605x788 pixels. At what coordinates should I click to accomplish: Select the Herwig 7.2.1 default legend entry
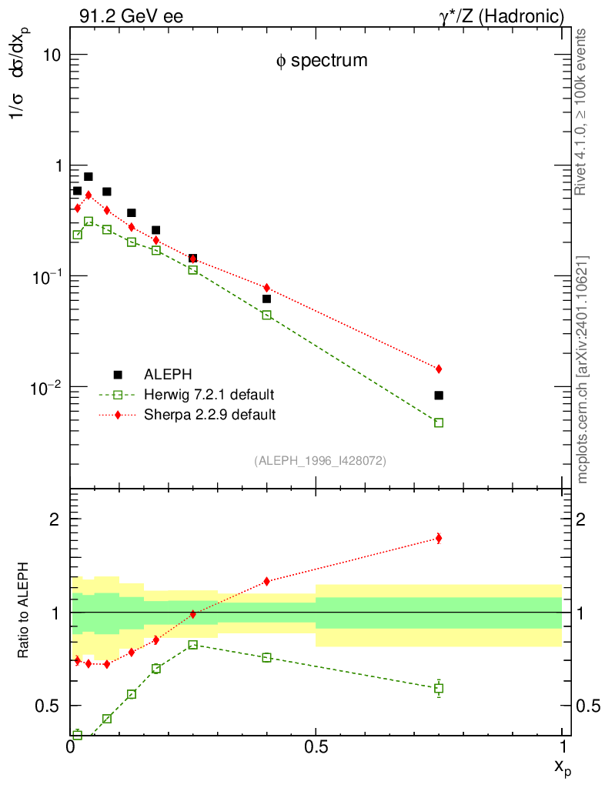coord(209,395)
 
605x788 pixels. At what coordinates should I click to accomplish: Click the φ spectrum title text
coord(322,61)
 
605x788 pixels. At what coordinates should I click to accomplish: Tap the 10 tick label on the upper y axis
coord(52,56)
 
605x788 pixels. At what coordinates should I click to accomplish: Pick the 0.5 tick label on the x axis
coord(316,746)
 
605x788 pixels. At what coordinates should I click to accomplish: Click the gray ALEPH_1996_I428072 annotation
coord(319,461)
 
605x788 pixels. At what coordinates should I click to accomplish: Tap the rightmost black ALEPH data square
coord(439,396)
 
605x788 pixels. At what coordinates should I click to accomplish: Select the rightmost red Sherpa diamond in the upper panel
coord(439,369)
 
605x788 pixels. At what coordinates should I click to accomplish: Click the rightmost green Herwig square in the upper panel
coord(439,422)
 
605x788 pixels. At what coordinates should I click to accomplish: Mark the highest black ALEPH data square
coord(88,177)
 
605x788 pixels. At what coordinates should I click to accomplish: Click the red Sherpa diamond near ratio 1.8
coord(439,538)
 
